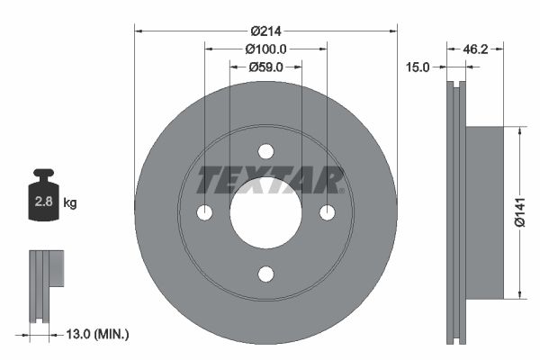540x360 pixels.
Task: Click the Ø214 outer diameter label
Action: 265,31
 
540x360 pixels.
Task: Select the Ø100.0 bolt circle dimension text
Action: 265,49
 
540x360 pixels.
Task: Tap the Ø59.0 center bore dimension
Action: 265,67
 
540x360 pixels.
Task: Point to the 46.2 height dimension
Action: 475,49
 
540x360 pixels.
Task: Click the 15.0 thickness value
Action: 418,67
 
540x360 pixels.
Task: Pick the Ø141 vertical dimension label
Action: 520,212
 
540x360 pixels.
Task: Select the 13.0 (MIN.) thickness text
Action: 97,334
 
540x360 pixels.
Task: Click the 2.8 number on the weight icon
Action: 43,202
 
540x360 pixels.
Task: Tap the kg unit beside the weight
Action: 70,202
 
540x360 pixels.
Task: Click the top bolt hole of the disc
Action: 265,151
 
